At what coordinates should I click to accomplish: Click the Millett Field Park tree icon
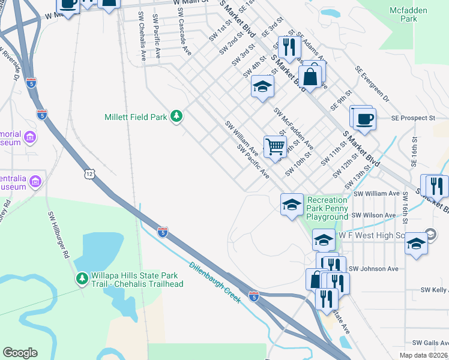pyautogui.click(x=176, y=116)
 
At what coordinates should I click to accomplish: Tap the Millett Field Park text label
pyautogui.click(x=136, y=117)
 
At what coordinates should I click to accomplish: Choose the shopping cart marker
pyautogui.click(x=275, y=146)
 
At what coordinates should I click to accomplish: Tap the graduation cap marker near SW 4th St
pyautogui.click(x=262, y=88)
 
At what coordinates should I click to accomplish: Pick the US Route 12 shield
pyautogui.click(x=89, y=173)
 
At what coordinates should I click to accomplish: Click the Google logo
pyautogui.click(x=20, y=353)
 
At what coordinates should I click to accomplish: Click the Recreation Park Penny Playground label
pyautogui.click(x=327, y=208)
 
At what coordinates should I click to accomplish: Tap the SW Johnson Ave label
pyautogui.click(x=373, y=269)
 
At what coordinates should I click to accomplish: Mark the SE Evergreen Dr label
pyautogui.click(x=372, y=85)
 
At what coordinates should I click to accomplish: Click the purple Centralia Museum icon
pyautogui.click(x=35, y=181)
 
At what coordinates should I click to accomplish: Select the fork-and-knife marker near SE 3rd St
pyautogui.click(x=289, y=47)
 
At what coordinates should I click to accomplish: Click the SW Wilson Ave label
pyautogui.click(x=373, y=215)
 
